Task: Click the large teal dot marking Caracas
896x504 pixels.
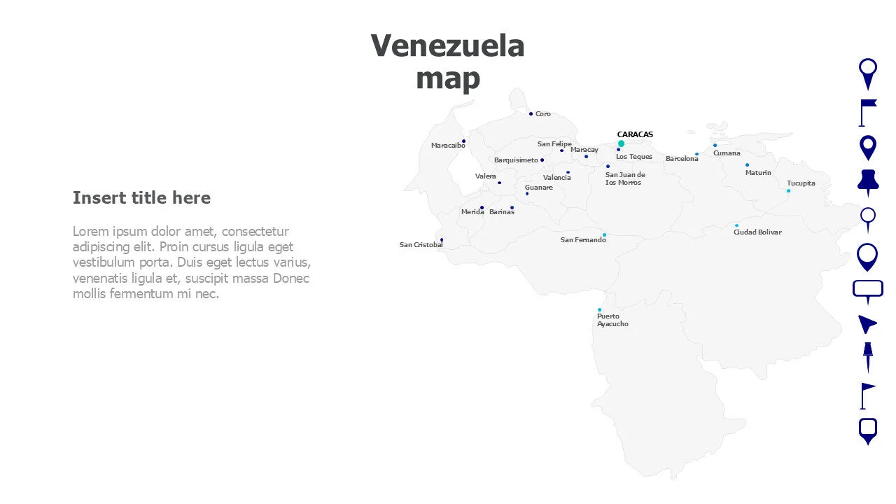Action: point(621,143)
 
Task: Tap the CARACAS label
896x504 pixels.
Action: point(635,134)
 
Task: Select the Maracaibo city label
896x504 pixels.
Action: point(448,146)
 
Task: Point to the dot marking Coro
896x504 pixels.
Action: point(531,113)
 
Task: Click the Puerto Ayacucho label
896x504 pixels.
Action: point(612,321)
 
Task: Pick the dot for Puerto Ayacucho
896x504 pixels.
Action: point(599,309)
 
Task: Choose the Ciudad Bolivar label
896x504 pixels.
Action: point(757,232)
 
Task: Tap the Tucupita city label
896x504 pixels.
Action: point(801,183)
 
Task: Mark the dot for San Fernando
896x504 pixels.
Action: point(604,234)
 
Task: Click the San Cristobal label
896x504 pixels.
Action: point(421,245)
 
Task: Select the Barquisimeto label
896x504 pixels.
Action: point(516,160)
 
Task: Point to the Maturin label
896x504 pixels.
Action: point(758,173)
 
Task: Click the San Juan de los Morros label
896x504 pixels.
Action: point(625,178)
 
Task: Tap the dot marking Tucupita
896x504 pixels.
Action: point(788,190)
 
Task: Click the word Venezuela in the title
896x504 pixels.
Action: point(447,46)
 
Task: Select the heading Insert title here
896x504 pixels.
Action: point(141,198)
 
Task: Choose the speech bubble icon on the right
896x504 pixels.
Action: point(868,290)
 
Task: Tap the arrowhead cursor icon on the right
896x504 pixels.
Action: point(867,323)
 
